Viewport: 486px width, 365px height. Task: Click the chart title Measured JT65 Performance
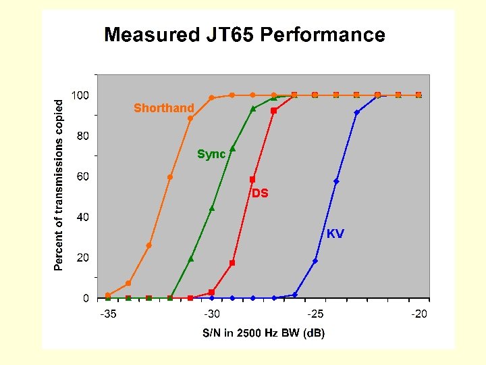[x=244, y=35]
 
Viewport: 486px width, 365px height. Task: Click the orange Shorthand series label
[x=163, y=108]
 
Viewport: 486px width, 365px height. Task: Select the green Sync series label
[x=211, y=155]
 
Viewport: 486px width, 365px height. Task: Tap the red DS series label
[x=261, y=193]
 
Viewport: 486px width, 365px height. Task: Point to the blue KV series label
[x=335, y=234]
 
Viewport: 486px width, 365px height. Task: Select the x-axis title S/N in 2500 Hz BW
[x=264, y=333]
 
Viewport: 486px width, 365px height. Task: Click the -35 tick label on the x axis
[x=107, y=314]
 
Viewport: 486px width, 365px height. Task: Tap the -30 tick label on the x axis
[x=211, y=314]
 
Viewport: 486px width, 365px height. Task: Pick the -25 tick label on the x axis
[x=315, y=314]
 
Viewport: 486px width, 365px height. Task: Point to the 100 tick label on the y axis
[x=80, y=95]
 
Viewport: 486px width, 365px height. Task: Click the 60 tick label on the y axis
[x=82, y=176]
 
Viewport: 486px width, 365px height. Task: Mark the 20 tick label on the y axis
[x=82, y=258]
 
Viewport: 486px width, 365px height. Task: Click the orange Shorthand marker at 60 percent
[x=170, y=177]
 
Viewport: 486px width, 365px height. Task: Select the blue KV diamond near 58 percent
[x=336, y=181]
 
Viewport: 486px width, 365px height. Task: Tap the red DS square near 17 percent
[x=232, y=263]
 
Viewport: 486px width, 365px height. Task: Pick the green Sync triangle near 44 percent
[x=211, y=208]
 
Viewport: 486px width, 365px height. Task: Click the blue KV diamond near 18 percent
[x=315, y=261]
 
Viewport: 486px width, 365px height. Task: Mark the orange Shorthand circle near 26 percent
[x=149, y=245]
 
